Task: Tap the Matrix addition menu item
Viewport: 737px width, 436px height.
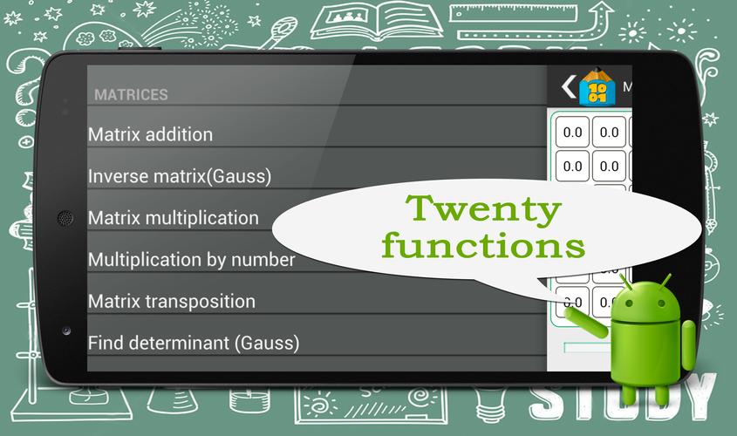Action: coord(150,135)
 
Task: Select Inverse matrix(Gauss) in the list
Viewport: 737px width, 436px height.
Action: coord(180,177)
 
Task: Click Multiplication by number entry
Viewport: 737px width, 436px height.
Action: coord(192,260)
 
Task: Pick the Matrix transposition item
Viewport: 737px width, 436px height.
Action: coord(172,302)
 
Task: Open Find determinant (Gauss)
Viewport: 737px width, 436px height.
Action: coord(194,344)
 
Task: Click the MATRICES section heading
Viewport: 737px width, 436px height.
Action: coord(131,95)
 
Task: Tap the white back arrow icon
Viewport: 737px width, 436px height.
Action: coord(569,86)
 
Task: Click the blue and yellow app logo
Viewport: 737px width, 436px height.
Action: coord(597,87)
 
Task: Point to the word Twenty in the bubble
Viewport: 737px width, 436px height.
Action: coord(484,209)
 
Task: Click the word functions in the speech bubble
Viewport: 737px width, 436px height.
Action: coord(484,245)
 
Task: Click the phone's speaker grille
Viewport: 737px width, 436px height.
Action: coord(65,218)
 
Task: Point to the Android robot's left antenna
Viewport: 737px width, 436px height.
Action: coord(625,282)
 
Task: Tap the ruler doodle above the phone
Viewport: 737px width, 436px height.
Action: coord(513,13)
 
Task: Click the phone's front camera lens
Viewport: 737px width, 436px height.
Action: coord(66,330)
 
